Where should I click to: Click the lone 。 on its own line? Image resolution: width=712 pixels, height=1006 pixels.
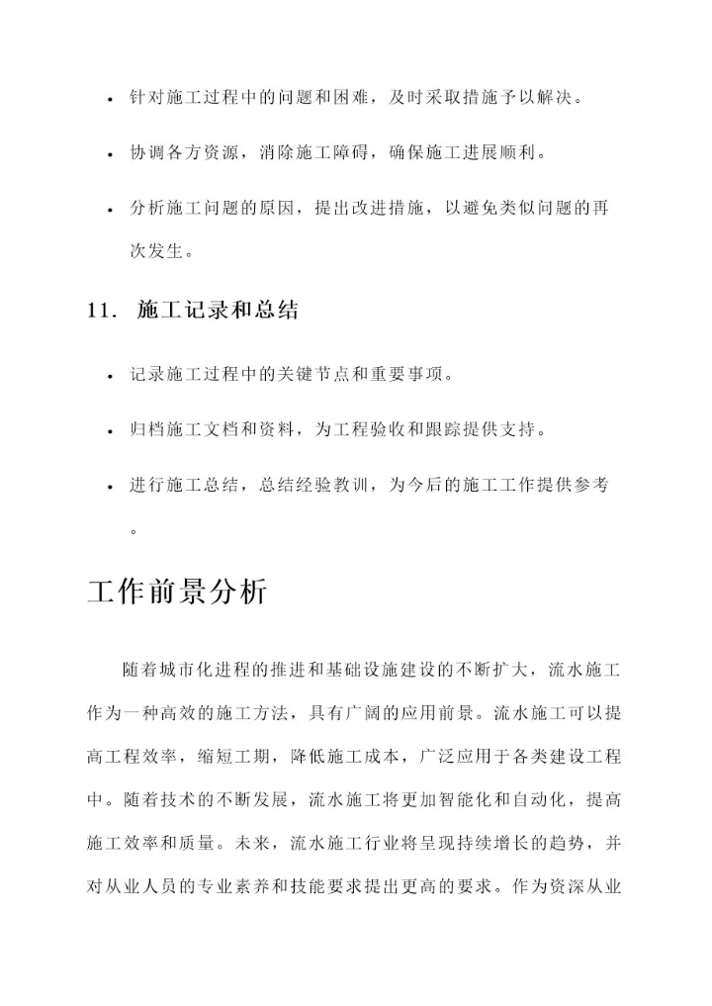pos(134,531)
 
